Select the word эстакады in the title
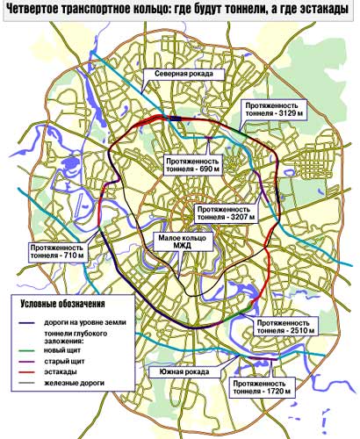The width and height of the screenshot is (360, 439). (x=328, y=10)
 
